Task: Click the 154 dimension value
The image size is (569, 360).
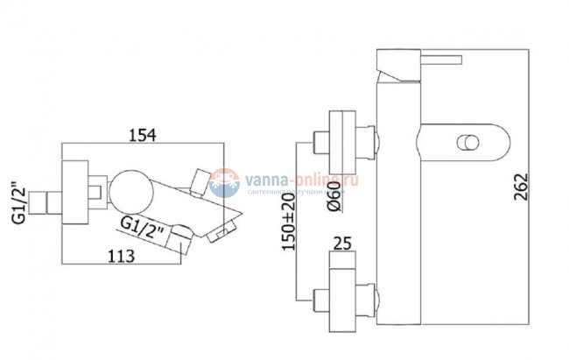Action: (x=141, y=135)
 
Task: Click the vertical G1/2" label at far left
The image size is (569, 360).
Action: (x=18, y=204)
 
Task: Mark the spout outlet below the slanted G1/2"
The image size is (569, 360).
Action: (x=182, y=237)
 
